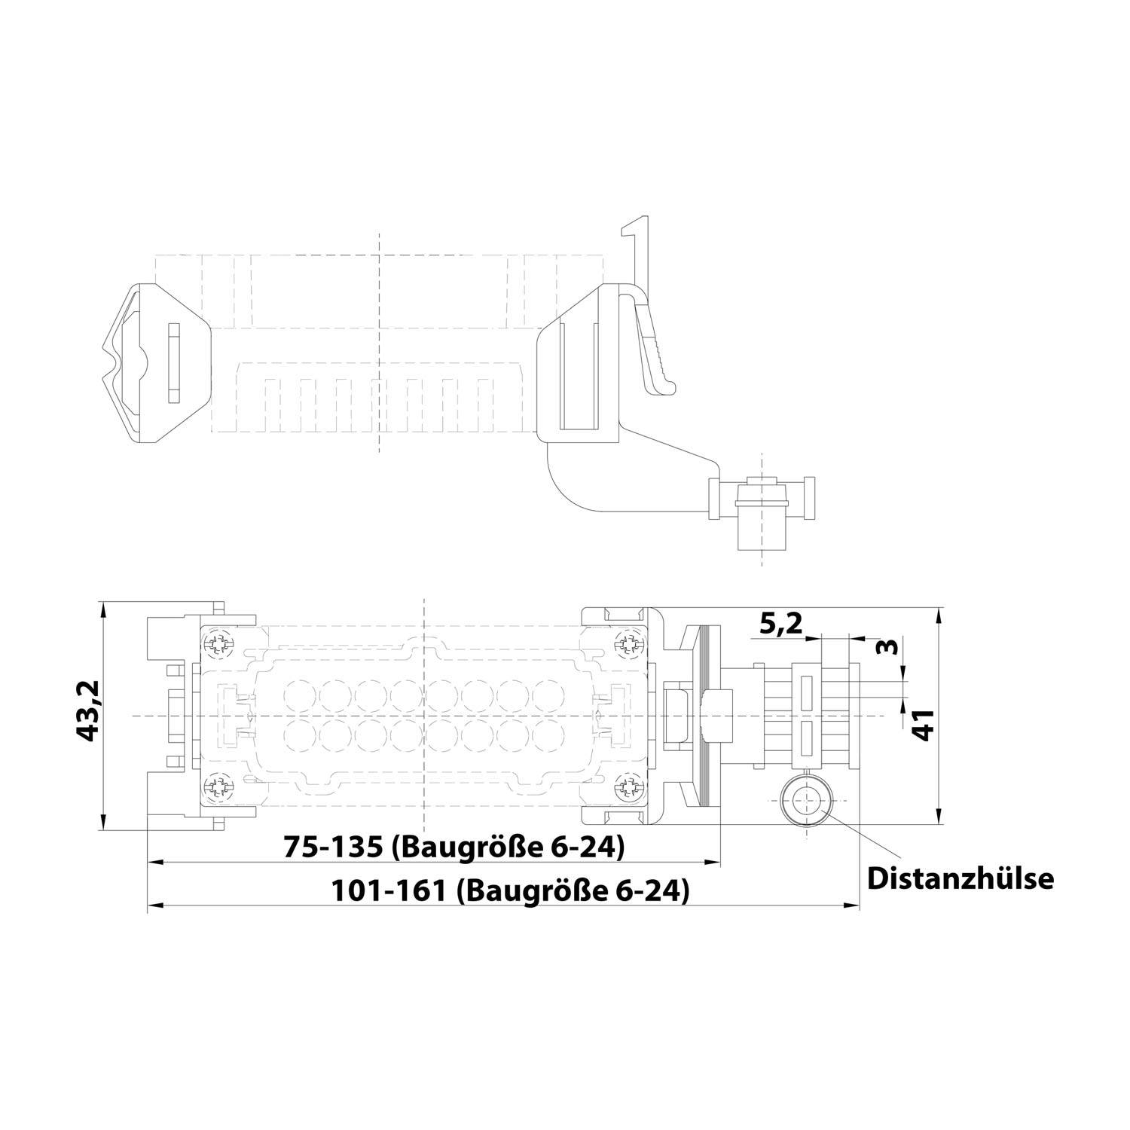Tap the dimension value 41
[x=924, y=725]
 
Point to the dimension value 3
[x=890, y=647]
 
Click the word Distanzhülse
[x=960, y=878]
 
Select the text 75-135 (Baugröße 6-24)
[x=454, y=847]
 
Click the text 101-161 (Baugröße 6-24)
[x=511, y=891]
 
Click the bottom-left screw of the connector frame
[x=218, y=788]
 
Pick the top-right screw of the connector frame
[x=629, y=643]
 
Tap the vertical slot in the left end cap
[x=175, y=362]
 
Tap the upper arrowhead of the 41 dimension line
[x=938, y=615]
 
